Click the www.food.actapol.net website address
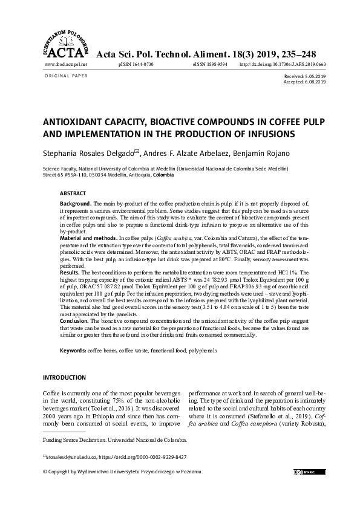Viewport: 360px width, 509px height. pyautogui.click(x=66, y=63)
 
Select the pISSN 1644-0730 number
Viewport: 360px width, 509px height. pyautogui.click(x=136, y=63)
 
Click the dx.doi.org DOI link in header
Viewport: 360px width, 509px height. pyautogui.click(x=283, y=63)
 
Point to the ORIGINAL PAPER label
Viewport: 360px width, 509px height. pyautogui.click(x=67, y=76)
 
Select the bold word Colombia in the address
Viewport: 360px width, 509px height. pyautogui.click(x=164, y=175)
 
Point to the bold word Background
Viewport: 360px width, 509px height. pyautogui.click(x=76, y=203)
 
